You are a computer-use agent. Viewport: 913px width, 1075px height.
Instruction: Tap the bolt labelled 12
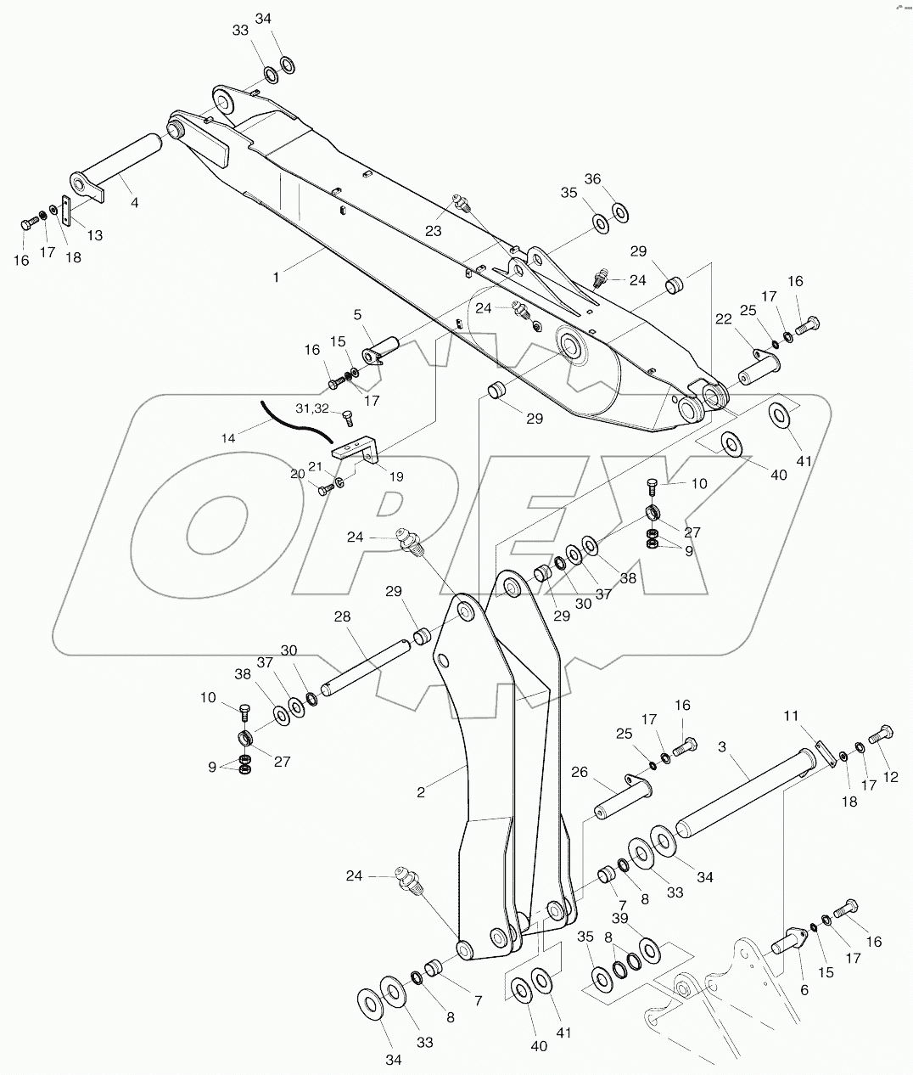pyautogui.click(x=882, y=735)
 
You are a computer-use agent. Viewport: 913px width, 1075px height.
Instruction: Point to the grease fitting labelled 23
pyautogui.click(x=461, y=203)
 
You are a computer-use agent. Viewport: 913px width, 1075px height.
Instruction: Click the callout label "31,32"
pyautogui.click(x=311, y=408)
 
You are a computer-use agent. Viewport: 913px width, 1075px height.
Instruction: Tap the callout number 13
pyautogui.click(x=93, y=234)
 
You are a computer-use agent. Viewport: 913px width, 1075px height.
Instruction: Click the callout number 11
pyautogui.click(x=791, y=717)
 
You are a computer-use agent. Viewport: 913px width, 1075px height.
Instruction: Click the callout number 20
pyautogui.click(x=297, y=474)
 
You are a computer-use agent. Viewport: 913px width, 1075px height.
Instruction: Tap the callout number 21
pyautogui.click(x=315, y=466)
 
